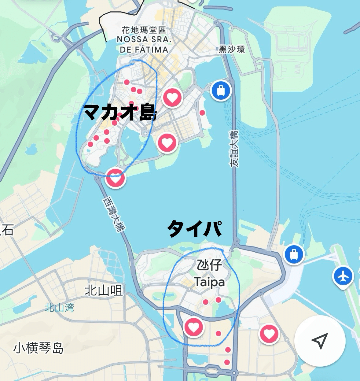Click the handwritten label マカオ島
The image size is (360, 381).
(x=119, y=112)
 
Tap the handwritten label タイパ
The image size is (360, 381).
(x=194, y=228)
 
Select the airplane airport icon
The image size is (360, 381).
(x=343, y=277)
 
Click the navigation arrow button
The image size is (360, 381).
(x=320, y=341)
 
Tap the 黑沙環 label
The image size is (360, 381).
(x=232, y=49)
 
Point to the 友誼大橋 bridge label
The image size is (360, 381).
(x=234, y=149)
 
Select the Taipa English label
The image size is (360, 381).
(x=209, y=282)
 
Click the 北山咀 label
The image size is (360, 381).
(x=104, y=290)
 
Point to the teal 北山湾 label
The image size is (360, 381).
(x=59, y=308)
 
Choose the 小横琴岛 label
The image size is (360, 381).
(x=38, y=348)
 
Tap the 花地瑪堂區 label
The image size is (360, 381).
(x=144, y=30)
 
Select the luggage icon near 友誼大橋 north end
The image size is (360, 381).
(x=221, y=90)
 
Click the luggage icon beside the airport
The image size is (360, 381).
(x=294, y=254)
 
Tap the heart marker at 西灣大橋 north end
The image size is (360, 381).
(x=115, y=178)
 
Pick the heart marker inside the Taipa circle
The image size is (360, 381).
(x=193, y=327)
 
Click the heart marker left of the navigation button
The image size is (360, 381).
(x=269, y=334)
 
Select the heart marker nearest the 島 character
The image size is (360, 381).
(x=172, y=97)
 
